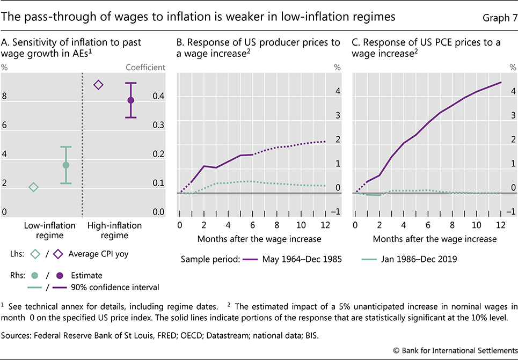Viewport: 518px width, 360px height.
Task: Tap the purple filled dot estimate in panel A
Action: [x=130, y=100]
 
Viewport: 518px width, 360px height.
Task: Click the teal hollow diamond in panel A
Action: [x=33, y=187]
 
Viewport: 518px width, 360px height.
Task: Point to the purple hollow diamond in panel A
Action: [x=98, y=85]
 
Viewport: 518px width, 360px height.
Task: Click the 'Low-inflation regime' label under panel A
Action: [x=50, y=230]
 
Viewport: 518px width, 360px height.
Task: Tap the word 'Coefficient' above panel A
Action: [x=145, y=68]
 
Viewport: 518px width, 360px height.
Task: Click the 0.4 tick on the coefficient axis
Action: [x=157, y=97]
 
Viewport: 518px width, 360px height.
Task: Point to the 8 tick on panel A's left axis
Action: [x=5, y=97]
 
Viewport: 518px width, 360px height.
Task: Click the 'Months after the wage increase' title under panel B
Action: [x=259, y=238]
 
